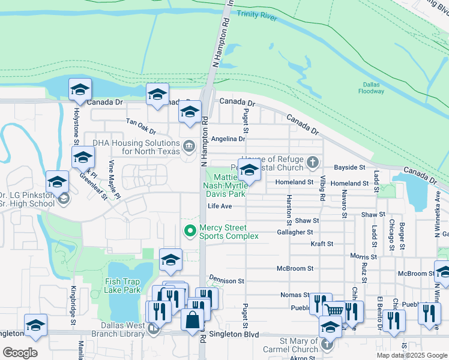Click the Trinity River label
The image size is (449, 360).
pos(256,16)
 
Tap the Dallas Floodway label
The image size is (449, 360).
pos(373,88)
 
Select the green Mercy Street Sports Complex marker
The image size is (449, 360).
pos(190,230)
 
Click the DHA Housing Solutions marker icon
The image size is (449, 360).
pos(188,145)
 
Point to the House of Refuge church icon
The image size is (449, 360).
pos(312,162)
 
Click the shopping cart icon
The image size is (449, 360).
pos(334,310)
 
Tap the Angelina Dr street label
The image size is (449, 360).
pos(229,139)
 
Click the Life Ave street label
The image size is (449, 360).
pos(220,206)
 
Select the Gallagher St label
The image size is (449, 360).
pos(295,232)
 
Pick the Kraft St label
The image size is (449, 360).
pos(322,244)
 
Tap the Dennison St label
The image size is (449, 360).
pos(226,280)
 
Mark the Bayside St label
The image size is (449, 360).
pos(349,167)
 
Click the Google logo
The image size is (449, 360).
pos(20,352)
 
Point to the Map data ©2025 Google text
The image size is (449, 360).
pos(411,355)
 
